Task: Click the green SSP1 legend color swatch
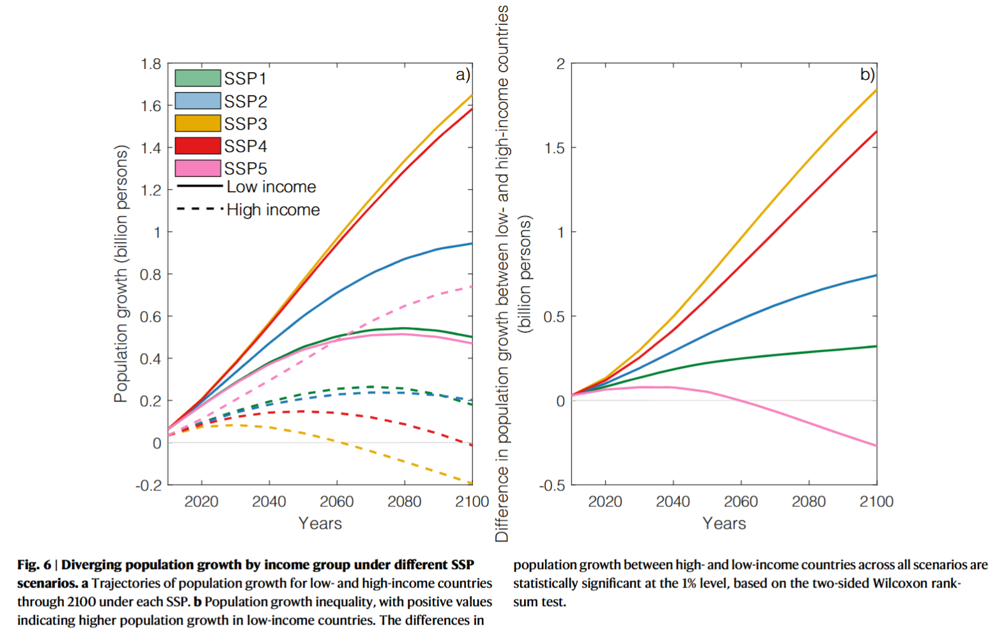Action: tap(197, 79)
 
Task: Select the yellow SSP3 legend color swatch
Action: tap(197, 123)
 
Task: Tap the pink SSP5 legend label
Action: tap(245, 169)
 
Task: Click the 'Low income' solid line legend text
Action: tap(271, 187)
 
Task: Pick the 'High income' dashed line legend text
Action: tap(273, 210)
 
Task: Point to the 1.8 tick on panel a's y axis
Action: tap(151, 64)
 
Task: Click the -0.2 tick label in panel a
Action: tap(149, 485)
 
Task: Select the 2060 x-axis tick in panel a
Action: tap(337, 502)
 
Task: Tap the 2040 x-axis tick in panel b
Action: tap(673, 502)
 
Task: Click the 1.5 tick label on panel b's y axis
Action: tap(555, 148)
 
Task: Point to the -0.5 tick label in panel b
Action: tap(552, 485)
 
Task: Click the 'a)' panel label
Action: tap(463, 75)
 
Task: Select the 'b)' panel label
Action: tap(867, 75)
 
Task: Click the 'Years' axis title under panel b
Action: tap(724, 524)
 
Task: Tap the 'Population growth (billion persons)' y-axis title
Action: tap(121, 274)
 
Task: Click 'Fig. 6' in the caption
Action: tap(34, 565)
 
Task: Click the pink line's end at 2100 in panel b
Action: tap(876, 446)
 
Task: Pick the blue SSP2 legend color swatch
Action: tap(197, 101)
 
